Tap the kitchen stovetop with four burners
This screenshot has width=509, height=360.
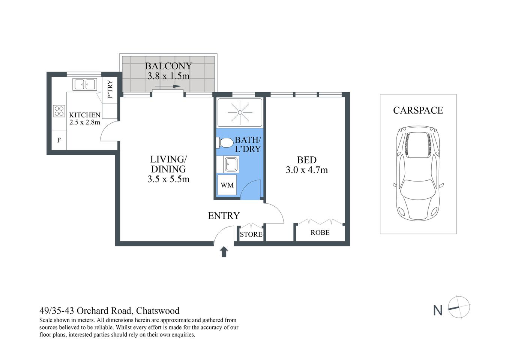pos(59,111)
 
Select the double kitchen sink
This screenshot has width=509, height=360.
pos(85,84)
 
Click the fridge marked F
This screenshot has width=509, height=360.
pos(59,141)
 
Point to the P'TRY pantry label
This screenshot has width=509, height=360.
pos(110,90)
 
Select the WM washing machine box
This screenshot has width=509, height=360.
pos(227,185)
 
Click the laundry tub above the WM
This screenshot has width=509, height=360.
pos(230,164)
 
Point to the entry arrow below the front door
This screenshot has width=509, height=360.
pos(224,252)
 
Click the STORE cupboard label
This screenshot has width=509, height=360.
pos(251,234)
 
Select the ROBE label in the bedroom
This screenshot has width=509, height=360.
pos(320,232)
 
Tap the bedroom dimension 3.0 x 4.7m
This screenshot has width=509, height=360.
pos(306,170)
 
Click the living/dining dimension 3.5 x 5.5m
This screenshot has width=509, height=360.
pos(168,179)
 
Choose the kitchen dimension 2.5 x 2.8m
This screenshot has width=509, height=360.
pos(85,122)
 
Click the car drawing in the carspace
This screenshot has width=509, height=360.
pos(418,172)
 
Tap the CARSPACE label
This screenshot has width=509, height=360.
pos(418,110)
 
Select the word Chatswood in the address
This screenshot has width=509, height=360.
pos(158,311)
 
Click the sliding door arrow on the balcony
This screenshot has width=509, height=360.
pos(167,87)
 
